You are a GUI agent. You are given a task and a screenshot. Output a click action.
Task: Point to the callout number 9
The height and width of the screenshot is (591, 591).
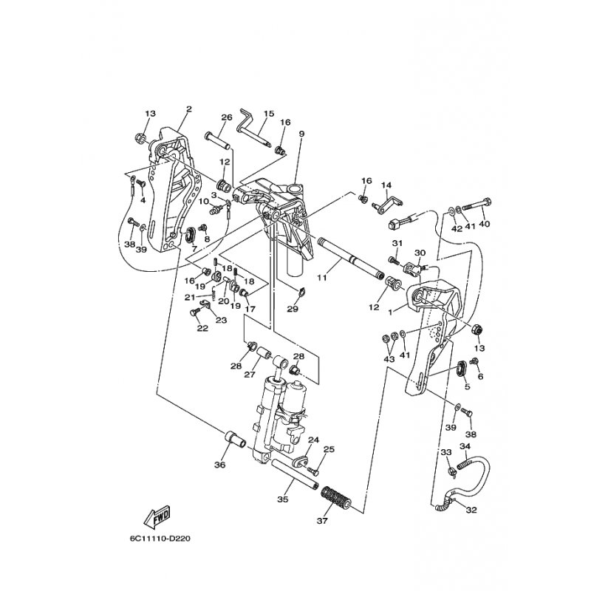coord(301,134)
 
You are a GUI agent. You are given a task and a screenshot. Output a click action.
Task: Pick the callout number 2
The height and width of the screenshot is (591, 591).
coord(188,109)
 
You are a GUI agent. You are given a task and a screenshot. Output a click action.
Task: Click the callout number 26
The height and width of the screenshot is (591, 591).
coord(227,117)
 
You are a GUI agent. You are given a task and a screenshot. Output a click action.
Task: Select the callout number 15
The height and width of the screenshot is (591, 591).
coord(268,114)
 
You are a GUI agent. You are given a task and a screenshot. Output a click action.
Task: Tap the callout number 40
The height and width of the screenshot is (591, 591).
coord(485,224)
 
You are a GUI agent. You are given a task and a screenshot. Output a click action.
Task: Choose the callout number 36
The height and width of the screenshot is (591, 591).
coord(219,465)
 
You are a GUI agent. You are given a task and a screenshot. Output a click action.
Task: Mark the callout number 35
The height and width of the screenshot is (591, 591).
coord(281,499)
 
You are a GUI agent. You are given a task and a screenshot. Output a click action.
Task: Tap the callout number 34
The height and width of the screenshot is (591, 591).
coord(465,446)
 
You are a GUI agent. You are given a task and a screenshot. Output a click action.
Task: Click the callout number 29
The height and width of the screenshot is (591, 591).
coord(293,309)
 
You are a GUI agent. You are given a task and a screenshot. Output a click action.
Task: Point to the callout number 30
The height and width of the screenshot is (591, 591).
coord(420,252)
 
